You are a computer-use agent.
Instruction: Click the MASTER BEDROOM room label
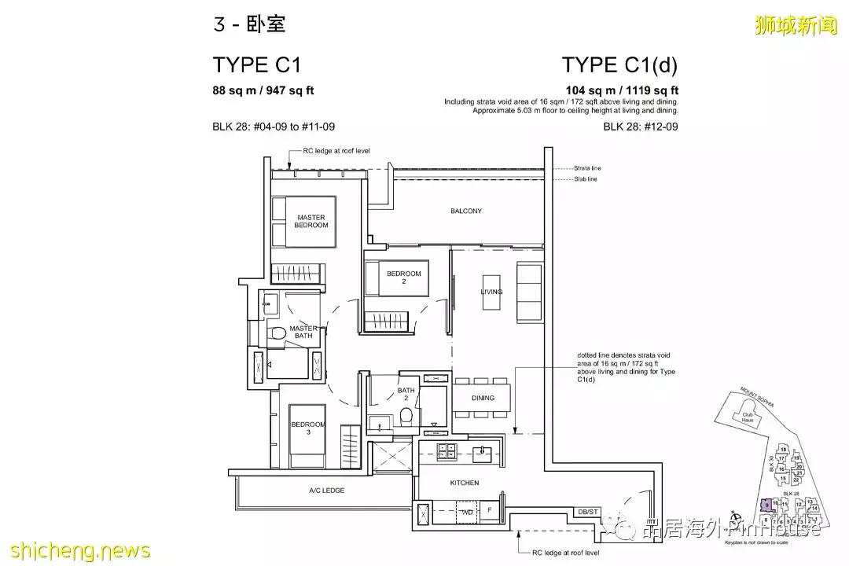click(311, 221)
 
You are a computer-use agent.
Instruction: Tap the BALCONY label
click(466, 211)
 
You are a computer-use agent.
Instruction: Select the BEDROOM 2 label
click(403, 277)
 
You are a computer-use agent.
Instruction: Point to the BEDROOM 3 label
click(307, 429)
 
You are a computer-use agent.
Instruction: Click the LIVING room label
click(491, 292)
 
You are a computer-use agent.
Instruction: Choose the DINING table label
click(483, 398)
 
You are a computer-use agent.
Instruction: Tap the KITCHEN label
click(465, 483)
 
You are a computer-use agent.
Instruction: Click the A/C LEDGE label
click(326, 491)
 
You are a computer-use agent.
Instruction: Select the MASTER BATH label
click(303, 332)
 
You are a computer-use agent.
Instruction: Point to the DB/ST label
click(587, 512)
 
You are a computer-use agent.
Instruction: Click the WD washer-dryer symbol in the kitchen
click(467, 513)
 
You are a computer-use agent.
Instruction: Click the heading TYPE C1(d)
click(619, 64)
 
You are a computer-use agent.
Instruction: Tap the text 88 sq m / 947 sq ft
click(263, 90)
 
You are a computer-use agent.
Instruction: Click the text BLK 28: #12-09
click(640, 126)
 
